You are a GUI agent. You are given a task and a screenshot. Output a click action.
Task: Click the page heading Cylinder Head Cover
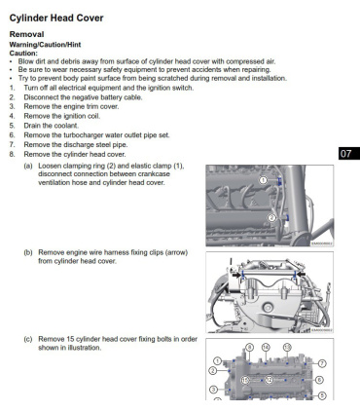(56, 19)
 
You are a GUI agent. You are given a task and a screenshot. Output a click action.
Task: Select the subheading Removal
(26, 34)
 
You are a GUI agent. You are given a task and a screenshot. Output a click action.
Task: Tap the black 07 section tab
(349, 153)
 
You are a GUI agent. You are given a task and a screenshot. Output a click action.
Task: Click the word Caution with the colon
(23, 53)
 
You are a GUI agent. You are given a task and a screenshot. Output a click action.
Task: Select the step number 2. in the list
(12, 97)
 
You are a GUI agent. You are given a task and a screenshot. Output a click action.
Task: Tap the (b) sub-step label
(28, 252)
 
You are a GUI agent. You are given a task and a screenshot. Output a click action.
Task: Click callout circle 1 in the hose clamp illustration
(264, 179)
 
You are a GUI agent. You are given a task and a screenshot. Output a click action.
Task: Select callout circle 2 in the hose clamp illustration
(272, 217)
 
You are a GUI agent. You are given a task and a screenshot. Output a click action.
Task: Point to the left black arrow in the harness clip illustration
(236, 275)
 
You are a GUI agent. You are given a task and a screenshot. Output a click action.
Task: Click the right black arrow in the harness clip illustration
(301, 275)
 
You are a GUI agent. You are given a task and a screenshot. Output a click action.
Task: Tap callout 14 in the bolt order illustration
(266, 348)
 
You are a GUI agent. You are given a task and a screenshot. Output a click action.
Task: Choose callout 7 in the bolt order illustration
(322, 363)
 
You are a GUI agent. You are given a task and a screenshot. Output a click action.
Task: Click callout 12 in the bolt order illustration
(270, 380)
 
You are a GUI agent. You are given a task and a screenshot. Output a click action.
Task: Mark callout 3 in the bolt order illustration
(213, 390)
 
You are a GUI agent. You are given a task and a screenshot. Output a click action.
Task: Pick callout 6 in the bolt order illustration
(319, 380)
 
